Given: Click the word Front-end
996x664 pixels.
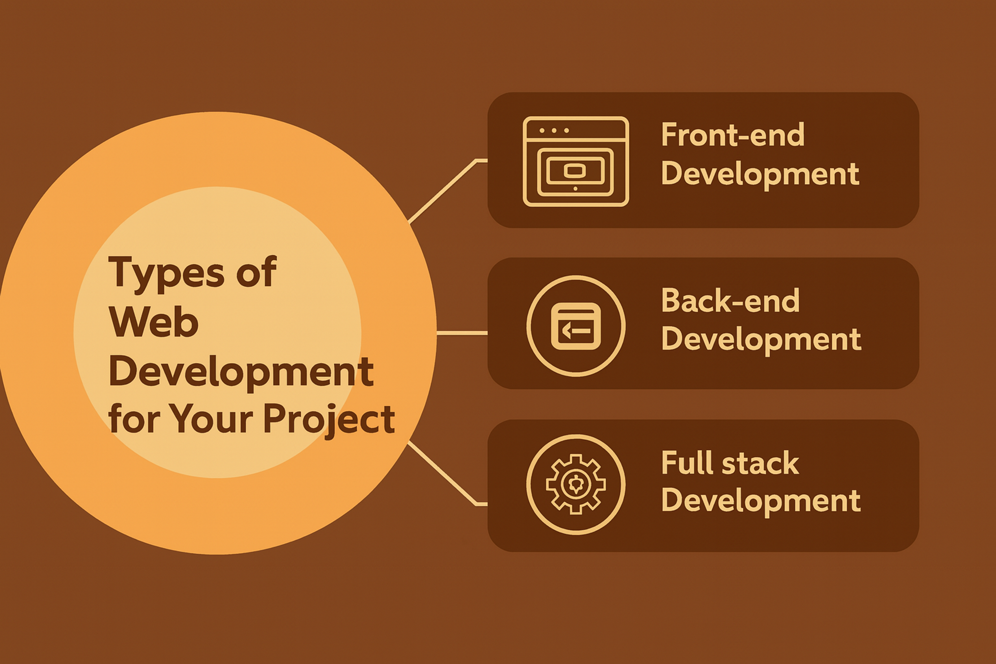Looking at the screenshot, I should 732,135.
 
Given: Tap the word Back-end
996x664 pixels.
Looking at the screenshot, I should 730,301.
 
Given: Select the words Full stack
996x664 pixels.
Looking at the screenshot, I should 730,463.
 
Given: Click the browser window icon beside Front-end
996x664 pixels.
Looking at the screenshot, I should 576,161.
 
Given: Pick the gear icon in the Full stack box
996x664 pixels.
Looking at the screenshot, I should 576,484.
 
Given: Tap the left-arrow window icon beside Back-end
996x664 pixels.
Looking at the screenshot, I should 576,326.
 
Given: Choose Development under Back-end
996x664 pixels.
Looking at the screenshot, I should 761,339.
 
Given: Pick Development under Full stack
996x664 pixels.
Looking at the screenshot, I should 760,501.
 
